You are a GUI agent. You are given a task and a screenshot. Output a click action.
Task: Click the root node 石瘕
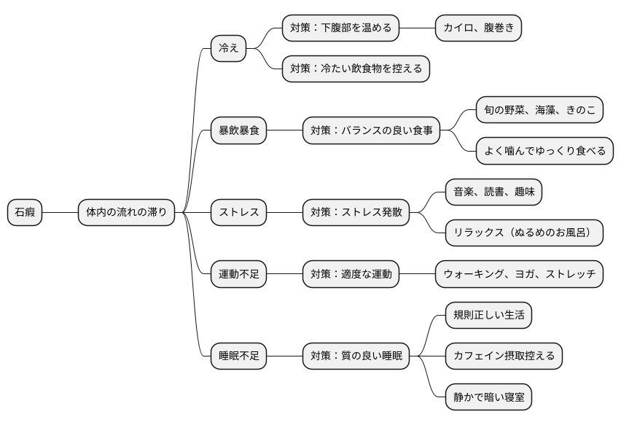[25, 213]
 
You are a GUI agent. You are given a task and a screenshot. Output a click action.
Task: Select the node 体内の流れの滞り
[126, 213]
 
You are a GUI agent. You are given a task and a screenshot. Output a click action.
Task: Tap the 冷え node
[228, 49]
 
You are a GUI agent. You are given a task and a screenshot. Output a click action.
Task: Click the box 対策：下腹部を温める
[341, 28]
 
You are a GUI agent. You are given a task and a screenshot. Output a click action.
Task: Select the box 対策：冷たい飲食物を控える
[356, 69]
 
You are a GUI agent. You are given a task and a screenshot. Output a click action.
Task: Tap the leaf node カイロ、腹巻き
[478, 28]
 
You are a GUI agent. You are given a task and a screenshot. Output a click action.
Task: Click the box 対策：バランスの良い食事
[371, 131]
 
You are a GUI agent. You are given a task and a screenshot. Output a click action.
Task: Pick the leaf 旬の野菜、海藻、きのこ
[539, 110]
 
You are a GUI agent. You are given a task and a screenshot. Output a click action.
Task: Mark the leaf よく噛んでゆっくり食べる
[544, 152]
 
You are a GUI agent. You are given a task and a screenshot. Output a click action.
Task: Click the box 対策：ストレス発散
[356, 213]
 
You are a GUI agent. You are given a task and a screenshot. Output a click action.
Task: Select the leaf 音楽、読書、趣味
[493, 192]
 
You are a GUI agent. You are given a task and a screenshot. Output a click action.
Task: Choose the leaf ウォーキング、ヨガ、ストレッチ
[519, 274]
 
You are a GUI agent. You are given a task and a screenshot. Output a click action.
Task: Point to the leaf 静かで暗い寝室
[488, 397]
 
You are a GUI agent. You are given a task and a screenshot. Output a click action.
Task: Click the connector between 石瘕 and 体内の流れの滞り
[60, 213]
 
